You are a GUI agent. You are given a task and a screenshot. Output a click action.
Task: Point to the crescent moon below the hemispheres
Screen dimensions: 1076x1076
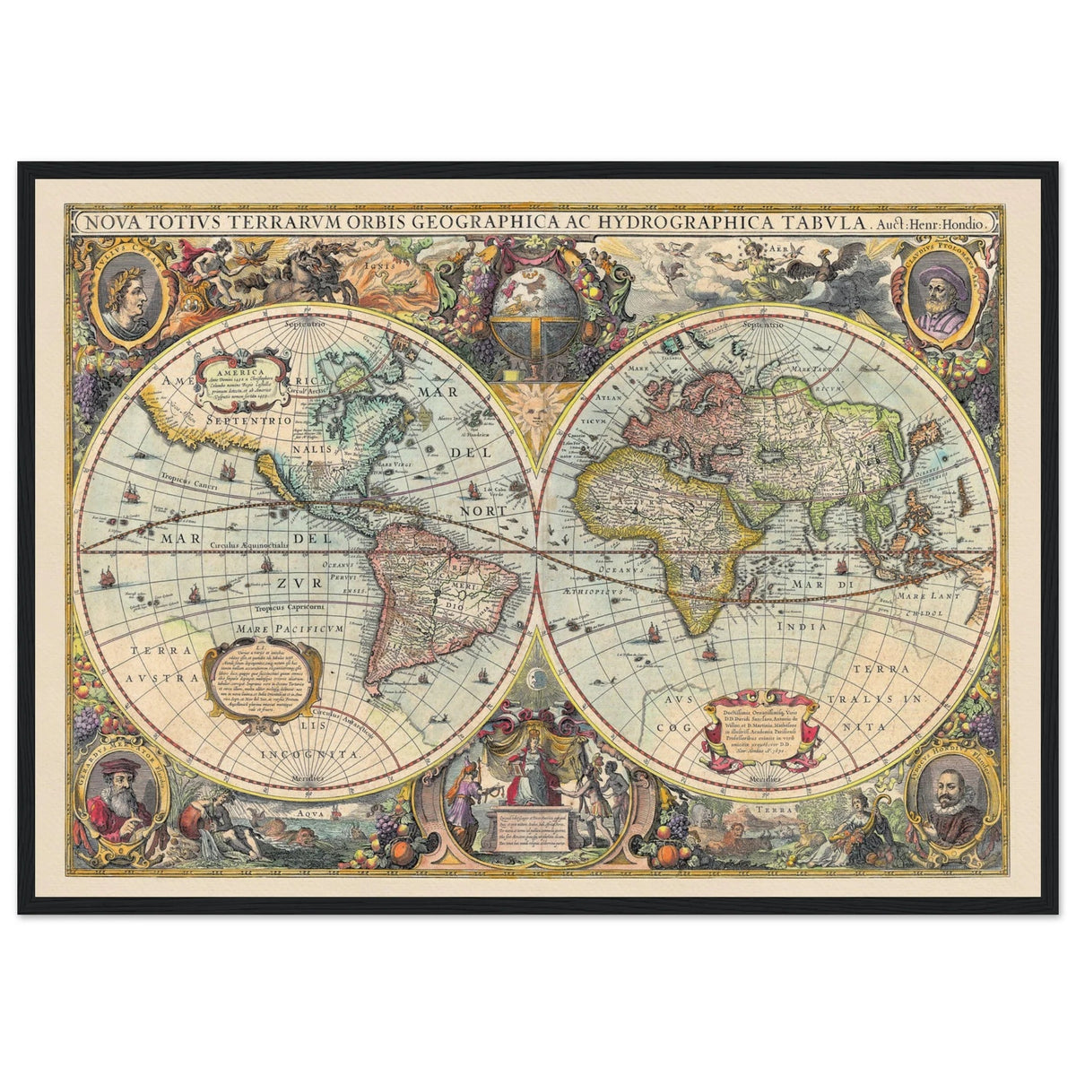coord(535,679)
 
